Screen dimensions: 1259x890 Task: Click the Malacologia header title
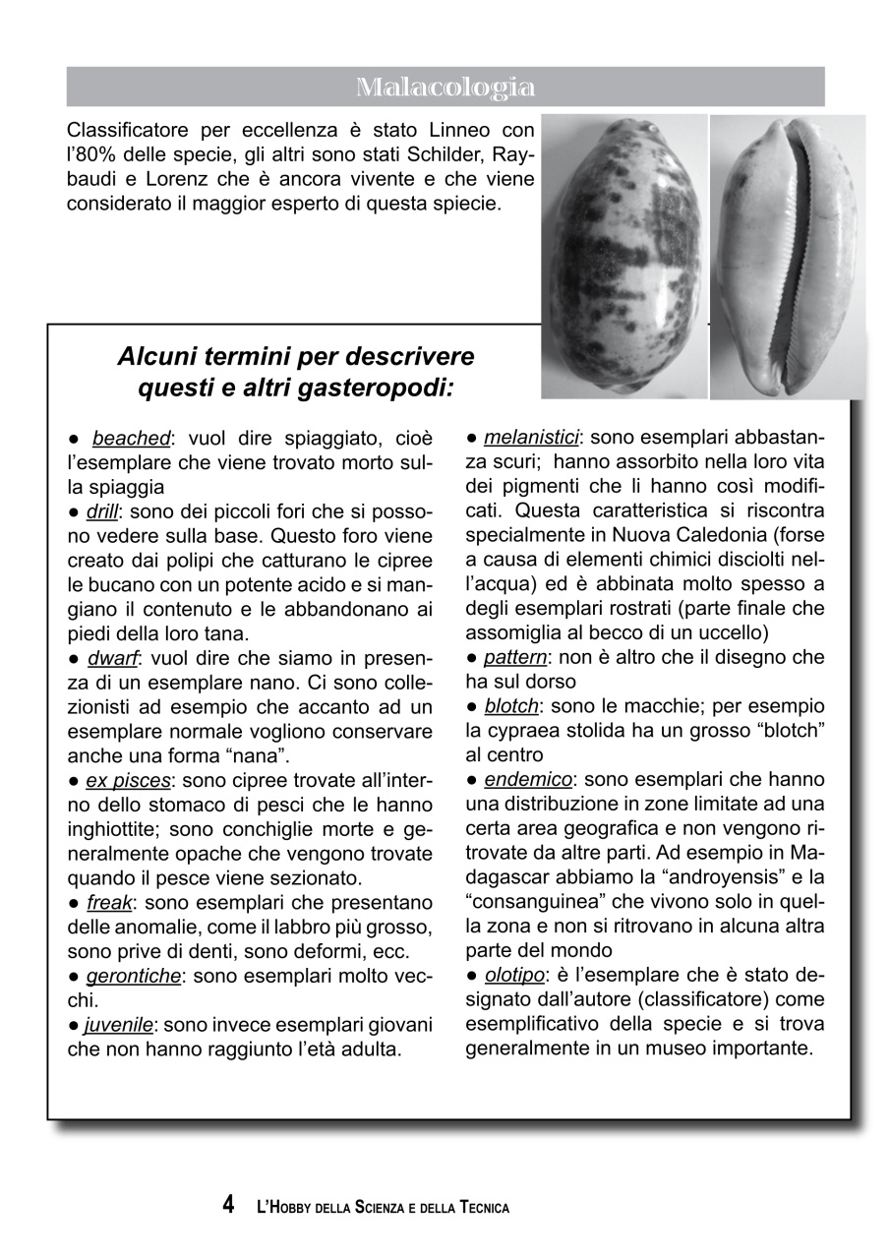tap(445, 88)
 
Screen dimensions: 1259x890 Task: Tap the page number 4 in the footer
tap(228, 1205)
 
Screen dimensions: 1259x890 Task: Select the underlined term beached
tap(131, 438)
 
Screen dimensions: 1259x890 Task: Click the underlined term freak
tap(109, 902)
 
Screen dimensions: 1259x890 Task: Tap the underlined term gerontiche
tap(133, 976)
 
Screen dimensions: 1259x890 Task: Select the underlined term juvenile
tap(119, 1025)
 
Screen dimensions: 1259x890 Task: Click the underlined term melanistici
tap(531, 436)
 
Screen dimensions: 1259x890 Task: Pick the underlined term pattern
tap(515, 656)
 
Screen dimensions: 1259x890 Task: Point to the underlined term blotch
tap(511, 706)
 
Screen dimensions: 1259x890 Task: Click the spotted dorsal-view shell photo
tap(623, 256)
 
